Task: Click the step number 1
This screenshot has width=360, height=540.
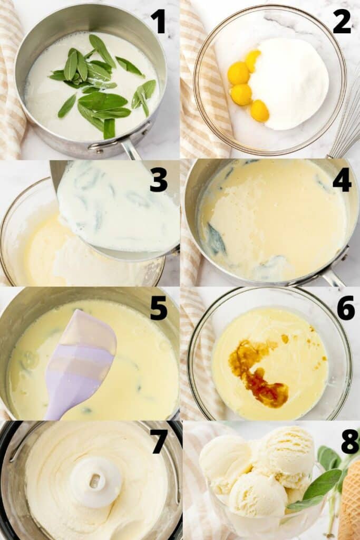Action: coord(158,22)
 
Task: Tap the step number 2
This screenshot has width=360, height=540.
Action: coord(342,22)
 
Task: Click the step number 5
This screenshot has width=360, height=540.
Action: coord(158,308)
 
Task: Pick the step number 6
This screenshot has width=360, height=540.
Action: coord(345,308)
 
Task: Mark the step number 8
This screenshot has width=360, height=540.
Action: coord(349,441)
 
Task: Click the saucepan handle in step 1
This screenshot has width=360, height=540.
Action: coord(129,149)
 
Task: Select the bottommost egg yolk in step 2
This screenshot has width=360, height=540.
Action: coord(259,111)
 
